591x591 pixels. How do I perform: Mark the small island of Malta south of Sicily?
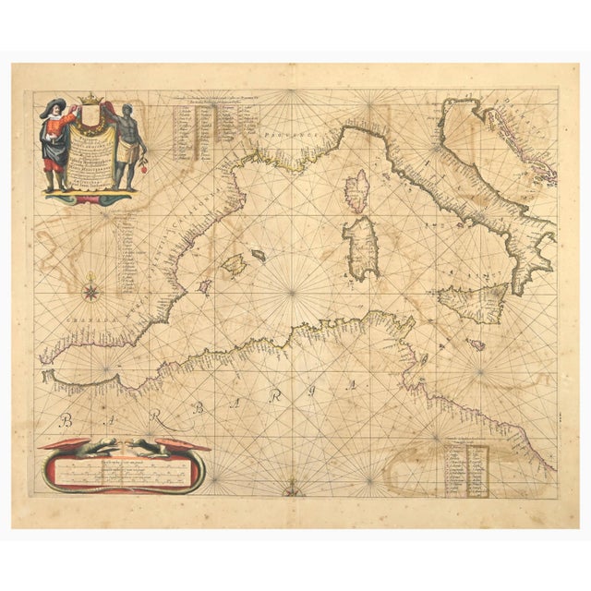tap(476, 344)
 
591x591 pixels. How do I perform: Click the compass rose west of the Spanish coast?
tap(92, 293)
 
